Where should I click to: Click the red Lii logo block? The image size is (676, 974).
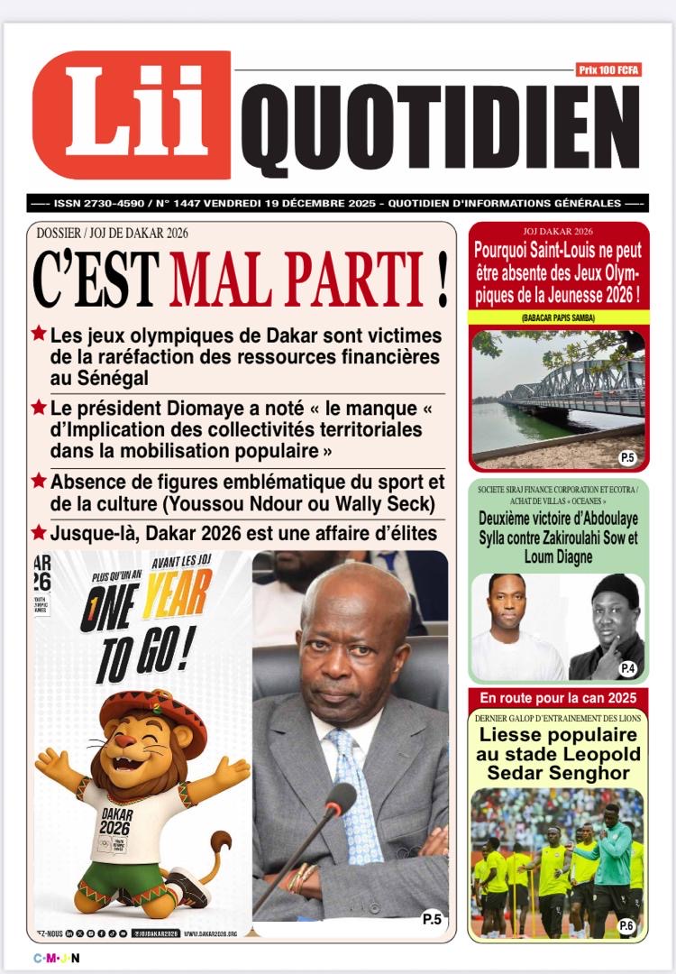click(x=131, y=115)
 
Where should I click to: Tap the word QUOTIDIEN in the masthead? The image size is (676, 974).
click(x=440, y=130)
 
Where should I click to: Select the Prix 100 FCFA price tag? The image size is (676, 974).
click(x=608, y=69)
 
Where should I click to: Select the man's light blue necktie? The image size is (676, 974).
click(x=356, y=794)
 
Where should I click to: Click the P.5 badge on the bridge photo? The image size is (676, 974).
click(x=627, y=458)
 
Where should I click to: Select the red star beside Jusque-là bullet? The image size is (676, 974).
click(x=39, y=532)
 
